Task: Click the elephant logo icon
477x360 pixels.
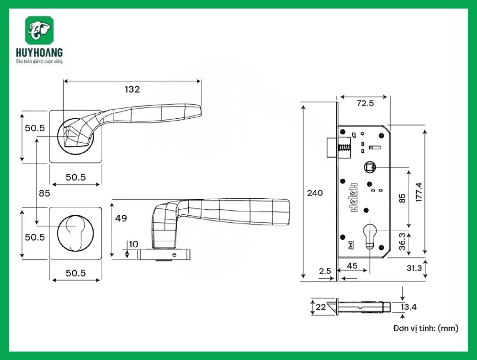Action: click(39, 31)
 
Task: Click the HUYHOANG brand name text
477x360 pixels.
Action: click(39, 53)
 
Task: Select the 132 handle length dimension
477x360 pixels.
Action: click(132, 90)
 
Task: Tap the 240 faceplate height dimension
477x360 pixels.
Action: click(315, 193)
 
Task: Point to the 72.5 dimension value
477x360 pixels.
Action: click(365, 103)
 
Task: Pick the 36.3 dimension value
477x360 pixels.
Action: click(402, 241)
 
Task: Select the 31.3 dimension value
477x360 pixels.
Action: click(414, 268)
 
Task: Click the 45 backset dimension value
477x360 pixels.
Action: click(352, 266)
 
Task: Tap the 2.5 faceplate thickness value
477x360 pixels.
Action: click(325, 270)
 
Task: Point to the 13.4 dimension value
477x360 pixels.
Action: click(408, 307)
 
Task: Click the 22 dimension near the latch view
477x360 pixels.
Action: click(321, 307)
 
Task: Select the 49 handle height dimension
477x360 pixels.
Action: click(121, 218)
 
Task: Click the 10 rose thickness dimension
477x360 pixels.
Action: click(133, 244)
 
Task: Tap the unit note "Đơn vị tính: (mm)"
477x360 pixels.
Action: click(425, 328)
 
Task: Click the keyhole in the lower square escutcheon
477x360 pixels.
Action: click(76, 233)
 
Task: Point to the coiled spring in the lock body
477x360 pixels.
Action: click(344, 148)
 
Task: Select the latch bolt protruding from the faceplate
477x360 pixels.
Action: click(332, 148)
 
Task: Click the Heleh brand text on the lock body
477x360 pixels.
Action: click(354, 197)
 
